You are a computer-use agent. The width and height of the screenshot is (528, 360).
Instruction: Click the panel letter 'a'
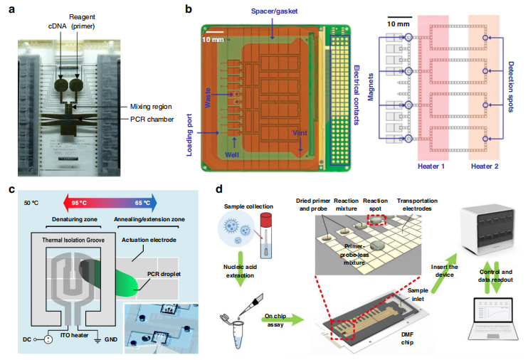click(11, 9)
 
